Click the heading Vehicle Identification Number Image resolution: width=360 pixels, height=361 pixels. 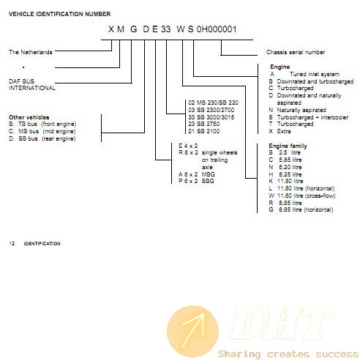[59, 14]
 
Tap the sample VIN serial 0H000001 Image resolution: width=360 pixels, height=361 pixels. [217, 29]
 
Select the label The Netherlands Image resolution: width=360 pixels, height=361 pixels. [31, 52]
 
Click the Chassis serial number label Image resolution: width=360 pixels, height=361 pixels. [296, 52]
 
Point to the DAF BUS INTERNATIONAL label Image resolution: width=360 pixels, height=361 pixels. [32, 84]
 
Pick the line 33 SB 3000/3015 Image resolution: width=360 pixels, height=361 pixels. [211, 117]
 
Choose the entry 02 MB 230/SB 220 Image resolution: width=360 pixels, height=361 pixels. [213, 103]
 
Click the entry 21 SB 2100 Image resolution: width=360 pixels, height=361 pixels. [204, 131]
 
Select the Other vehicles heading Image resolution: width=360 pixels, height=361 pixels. [29, 117]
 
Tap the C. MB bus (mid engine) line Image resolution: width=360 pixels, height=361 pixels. [42, 131]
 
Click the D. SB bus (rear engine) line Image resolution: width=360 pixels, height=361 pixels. [42, 138]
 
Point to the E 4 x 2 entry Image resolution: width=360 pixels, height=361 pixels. [188, 146]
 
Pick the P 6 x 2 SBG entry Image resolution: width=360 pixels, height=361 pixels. [196, 181]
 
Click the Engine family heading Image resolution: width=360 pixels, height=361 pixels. [288, 146]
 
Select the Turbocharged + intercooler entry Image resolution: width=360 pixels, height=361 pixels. [309, 117]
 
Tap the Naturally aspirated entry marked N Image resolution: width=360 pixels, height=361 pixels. [298, 110]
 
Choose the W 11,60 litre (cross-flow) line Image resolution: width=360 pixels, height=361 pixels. [302, 196]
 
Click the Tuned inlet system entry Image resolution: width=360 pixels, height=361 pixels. [305, 74]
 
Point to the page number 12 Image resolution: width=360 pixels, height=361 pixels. [12, 244]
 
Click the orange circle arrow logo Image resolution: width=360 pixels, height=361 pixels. [192, 331]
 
